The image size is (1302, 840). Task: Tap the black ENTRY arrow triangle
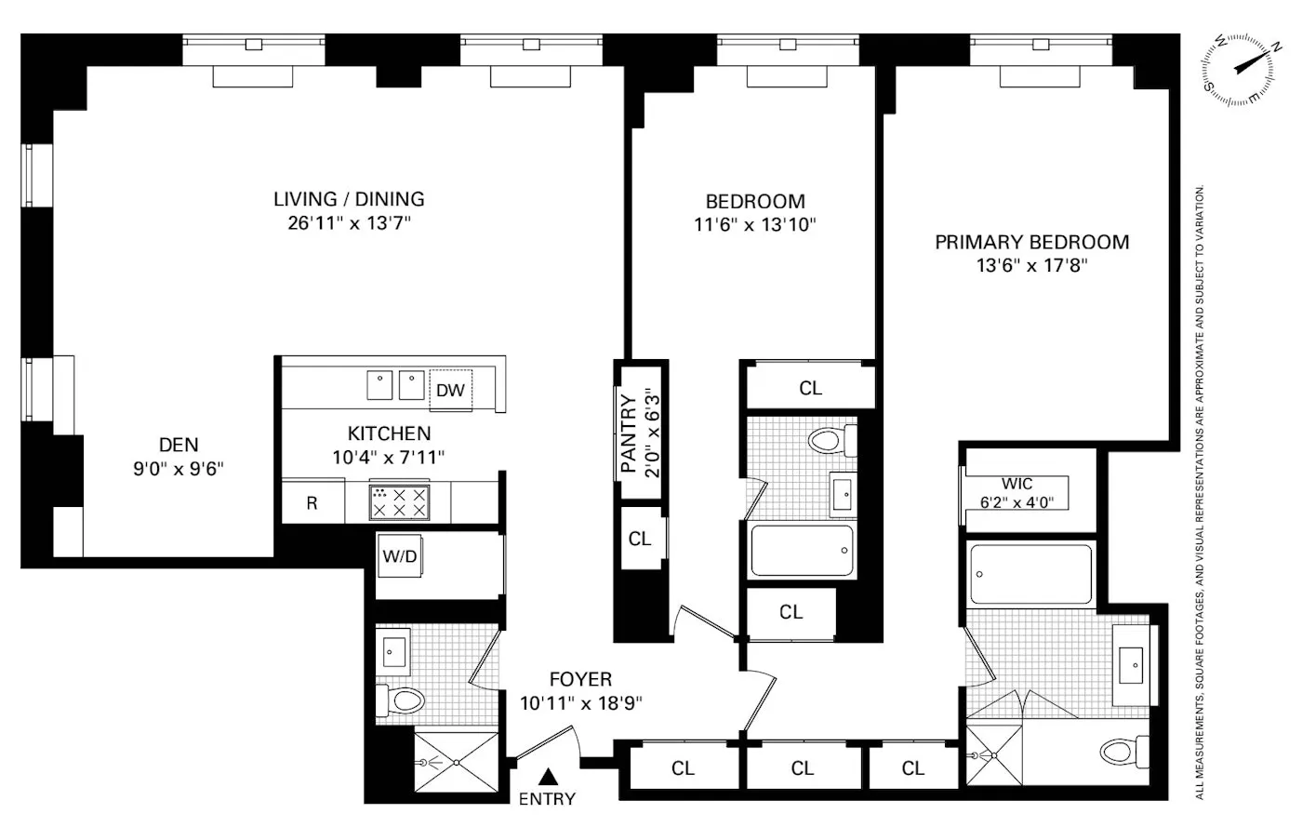(550, 776)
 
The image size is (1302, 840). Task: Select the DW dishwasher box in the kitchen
(450, 390)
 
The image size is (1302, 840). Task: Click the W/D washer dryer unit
(399, 556)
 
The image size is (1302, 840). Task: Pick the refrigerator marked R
(312, 503)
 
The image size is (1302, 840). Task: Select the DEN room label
(179, 446)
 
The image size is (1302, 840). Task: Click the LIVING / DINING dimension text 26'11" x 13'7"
(349, 223)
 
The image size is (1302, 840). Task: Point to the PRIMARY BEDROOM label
(1031, 242)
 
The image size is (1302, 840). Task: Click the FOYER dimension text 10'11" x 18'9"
(580, 703)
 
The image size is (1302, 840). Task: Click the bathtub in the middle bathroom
(801, 551)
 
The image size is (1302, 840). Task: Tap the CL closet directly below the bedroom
(810, 388)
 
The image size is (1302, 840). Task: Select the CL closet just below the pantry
(640, 539)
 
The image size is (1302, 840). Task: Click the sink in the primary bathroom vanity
(1135, 663)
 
